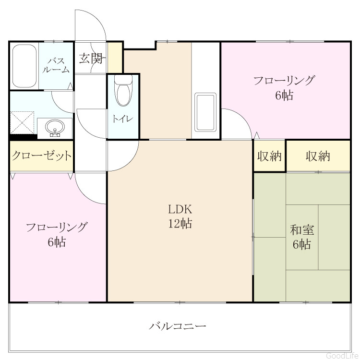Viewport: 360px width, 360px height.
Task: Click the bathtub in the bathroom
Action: click(x=24, y=66)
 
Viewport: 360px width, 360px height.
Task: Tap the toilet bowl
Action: click(x=123, y=91)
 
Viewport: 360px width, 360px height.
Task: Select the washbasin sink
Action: click(x=55, y=128)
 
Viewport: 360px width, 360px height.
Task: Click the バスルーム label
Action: click(x=56, y=65)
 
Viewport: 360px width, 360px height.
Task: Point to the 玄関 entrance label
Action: click(x=91, y=58)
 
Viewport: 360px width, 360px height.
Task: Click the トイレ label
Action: click(x=123, y=119)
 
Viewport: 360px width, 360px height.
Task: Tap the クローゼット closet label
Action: click(x=42, y=156)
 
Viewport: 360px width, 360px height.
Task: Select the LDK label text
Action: click(x=180, y=209)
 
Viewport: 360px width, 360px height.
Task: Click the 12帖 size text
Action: click(x=180, y=223)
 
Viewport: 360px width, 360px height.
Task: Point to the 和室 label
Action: click(x=302, y=230)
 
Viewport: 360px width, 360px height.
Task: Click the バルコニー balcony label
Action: click(x=178, y=326)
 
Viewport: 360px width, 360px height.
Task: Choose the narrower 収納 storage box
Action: click(x=270, y=156)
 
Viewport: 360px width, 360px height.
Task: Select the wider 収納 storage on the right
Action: click(x=318, y=156)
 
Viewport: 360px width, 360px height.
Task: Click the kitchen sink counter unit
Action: click(x=205, y=112)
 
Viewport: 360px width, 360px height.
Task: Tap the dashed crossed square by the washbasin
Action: click(x=22, y=122)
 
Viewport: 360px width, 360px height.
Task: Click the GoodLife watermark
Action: click(x=342, y=355)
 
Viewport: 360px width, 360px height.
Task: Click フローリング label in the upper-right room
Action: click(x=284, y=81)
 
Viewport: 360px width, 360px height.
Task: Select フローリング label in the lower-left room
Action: click(x=57, y=228)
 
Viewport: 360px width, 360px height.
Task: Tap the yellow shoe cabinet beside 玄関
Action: click(x=115, y=58)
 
